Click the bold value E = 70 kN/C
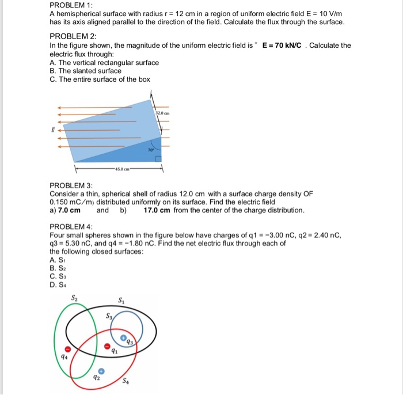[283, 45]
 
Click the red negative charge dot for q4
[67, 350]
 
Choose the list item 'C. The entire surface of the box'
[100, 79]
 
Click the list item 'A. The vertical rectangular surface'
[104, 62]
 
